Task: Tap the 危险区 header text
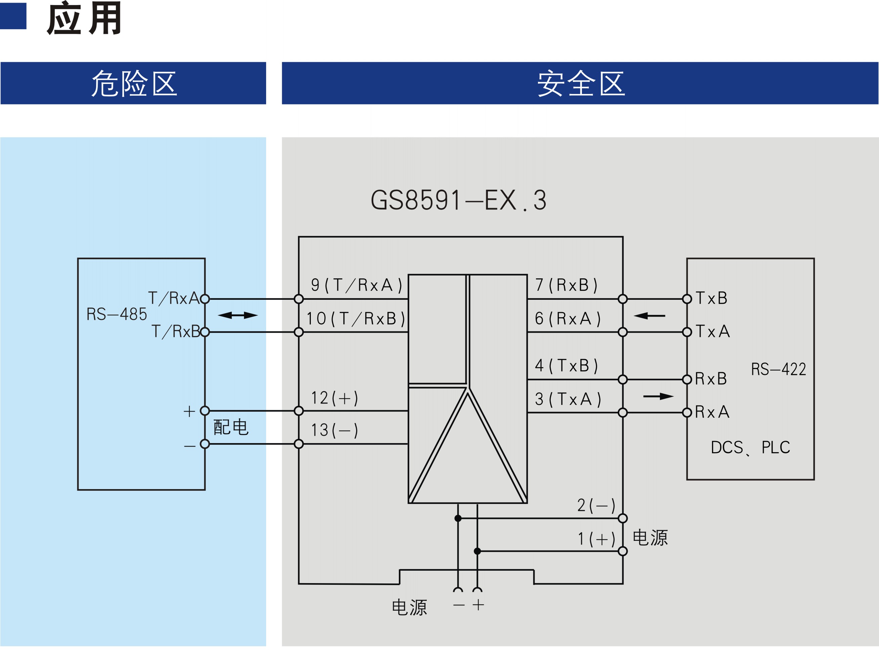click(x=134, y=83)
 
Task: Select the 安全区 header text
click(x=581, y=83)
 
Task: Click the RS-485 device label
click(x=117, y=314)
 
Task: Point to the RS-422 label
click(x=779, y=369)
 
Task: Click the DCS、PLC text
click(x=750, y=447)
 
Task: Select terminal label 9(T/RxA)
click(x=357, y=285)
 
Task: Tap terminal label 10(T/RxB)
click(x=355, y=318)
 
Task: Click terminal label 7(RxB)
click(x=566, y=285)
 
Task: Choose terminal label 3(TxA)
click(x=568, y=399)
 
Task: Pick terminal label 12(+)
click(x=334, y=398)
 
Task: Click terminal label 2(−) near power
click(x=596, y=505)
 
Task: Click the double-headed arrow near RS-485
click(x=238, y=316)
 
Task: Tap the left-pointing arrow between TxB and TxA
click(x=649, y=316)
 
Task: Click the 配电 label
click(x=231, y=427)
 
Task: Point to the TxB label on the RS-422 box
click(x=711, y=298)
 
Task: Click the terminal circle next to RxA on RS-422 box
click(x=687, y=413)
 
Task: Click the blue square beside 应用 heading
click(x=13, y=16)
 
